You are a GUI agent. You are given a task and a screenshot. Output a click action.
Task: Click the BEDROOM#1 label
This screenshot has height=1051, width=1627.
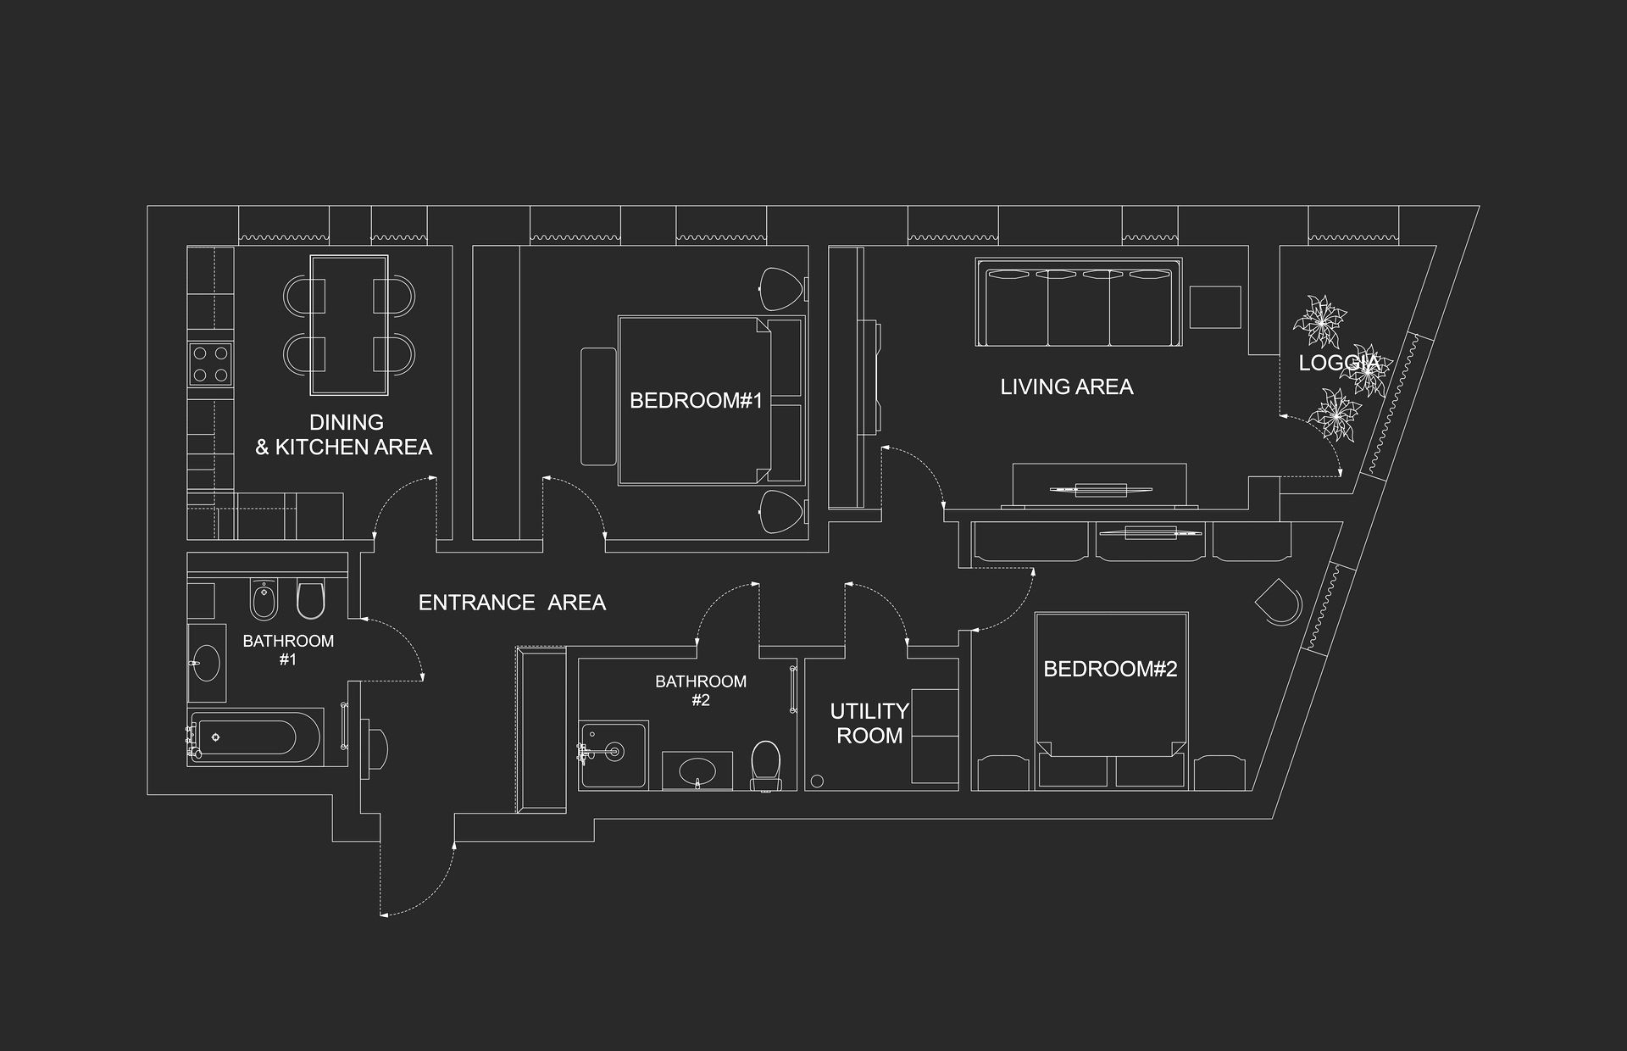696,400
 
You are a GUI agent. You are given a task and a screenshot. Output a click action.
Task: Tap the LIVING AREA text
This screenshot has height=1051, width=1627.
1066,386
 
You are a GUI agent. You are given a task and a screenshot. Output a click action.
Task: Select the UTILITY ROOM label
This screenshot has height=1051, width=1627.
869,723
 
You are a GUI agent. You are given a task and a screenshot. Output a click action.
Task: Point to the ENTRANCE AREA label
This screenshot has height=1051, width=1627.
512,603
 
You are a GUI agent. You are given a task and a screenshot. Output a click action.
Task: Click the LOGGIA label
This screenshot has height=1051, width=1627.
1339,363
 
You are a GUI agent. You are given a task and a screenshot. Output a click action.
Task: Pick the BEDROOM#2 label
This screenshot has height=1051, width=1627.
1110,669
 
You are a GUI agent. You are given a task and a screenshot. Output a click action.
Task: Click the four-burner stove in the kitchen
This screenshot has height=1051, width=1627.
211,364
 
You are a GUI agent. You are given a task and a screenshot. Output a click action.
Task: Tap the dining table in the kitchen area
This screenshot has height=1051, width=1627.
349,325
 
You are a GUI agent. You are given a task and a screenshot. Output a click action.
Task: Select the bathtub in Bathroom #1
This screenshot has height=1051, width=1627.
256,737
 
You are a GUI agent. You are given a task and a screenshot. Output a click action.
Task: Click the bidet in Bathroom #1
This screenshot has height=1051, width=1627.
264,599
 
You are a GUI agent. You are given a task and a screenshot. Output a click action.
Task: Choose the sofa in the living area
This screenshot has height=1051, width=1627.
1078,302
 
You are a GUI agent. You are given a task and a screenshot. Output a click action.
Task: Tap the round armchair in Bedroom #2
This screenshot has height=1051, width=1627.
1278,602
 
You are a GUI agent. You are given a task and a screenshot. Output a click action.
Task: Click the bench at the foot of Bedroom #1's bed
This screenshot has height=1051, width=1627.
598,406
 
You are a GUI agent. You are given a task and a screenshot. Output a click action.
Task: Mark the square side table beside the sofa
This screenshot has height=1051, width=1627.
1215,307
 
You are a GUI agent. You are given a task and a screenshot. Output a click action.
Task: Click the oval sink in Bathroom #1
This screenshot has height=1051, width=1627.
206,663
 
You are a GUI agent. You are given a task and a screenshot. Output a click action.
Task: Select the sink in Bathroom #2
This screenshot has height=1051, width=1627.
697,770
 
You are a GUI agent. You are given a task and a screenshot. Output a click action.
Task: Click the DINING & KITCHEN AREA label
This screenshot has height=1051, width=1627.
344,435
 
